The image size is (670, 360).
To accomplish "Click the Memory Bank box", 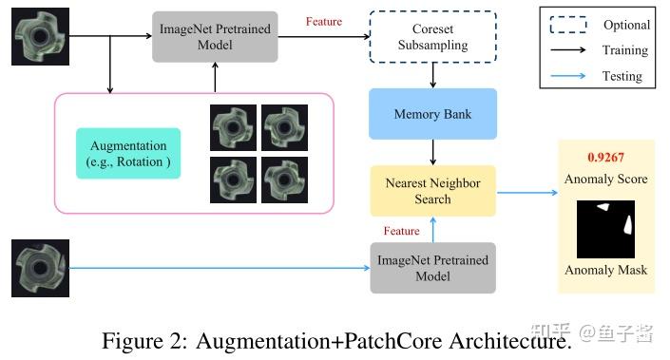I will click(x=432, y=114).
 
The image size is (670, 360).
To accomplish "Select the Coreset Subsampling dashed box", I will click(x=432, y=37).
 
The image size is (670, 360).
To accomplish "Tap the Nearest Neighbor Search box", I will click(x=432, y=190).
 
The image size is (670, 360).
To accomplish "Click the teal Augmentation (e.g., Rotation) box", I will click(x=128, y=152).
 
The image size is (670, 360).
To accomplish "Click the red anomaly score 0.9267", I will click(x=606, y=158).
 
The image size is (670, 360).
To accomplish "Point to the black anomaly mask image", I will click(x=605, y=229).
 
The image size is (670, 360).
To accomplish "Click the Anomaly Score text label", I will click(x=605, y=179).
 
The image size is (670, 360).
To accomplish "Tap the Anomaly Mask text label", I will click(x=605, y=270).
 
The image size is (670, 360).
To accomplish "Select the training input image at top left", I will click(x=38, y=36).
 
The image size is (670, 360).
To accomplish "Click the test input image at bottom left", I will click(x=38, y=268).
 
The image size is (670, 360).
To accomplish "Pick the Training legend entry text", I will click(x=625, y=50).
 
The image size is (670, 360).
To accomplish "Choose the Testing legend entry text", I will click(x=622, y=76).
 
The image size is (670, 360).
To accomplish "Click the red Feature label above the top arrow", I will click(x=324, y=22).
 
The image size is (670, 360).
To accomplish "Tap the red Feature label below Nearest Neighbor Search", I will click(x=401, y=231).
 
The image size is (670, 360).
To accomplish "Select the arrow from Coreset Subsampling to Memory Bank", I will click(x=432, y=74).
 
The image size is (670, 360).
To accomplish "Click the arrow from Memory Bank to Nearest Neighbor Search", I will click(x=432, y=152).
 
